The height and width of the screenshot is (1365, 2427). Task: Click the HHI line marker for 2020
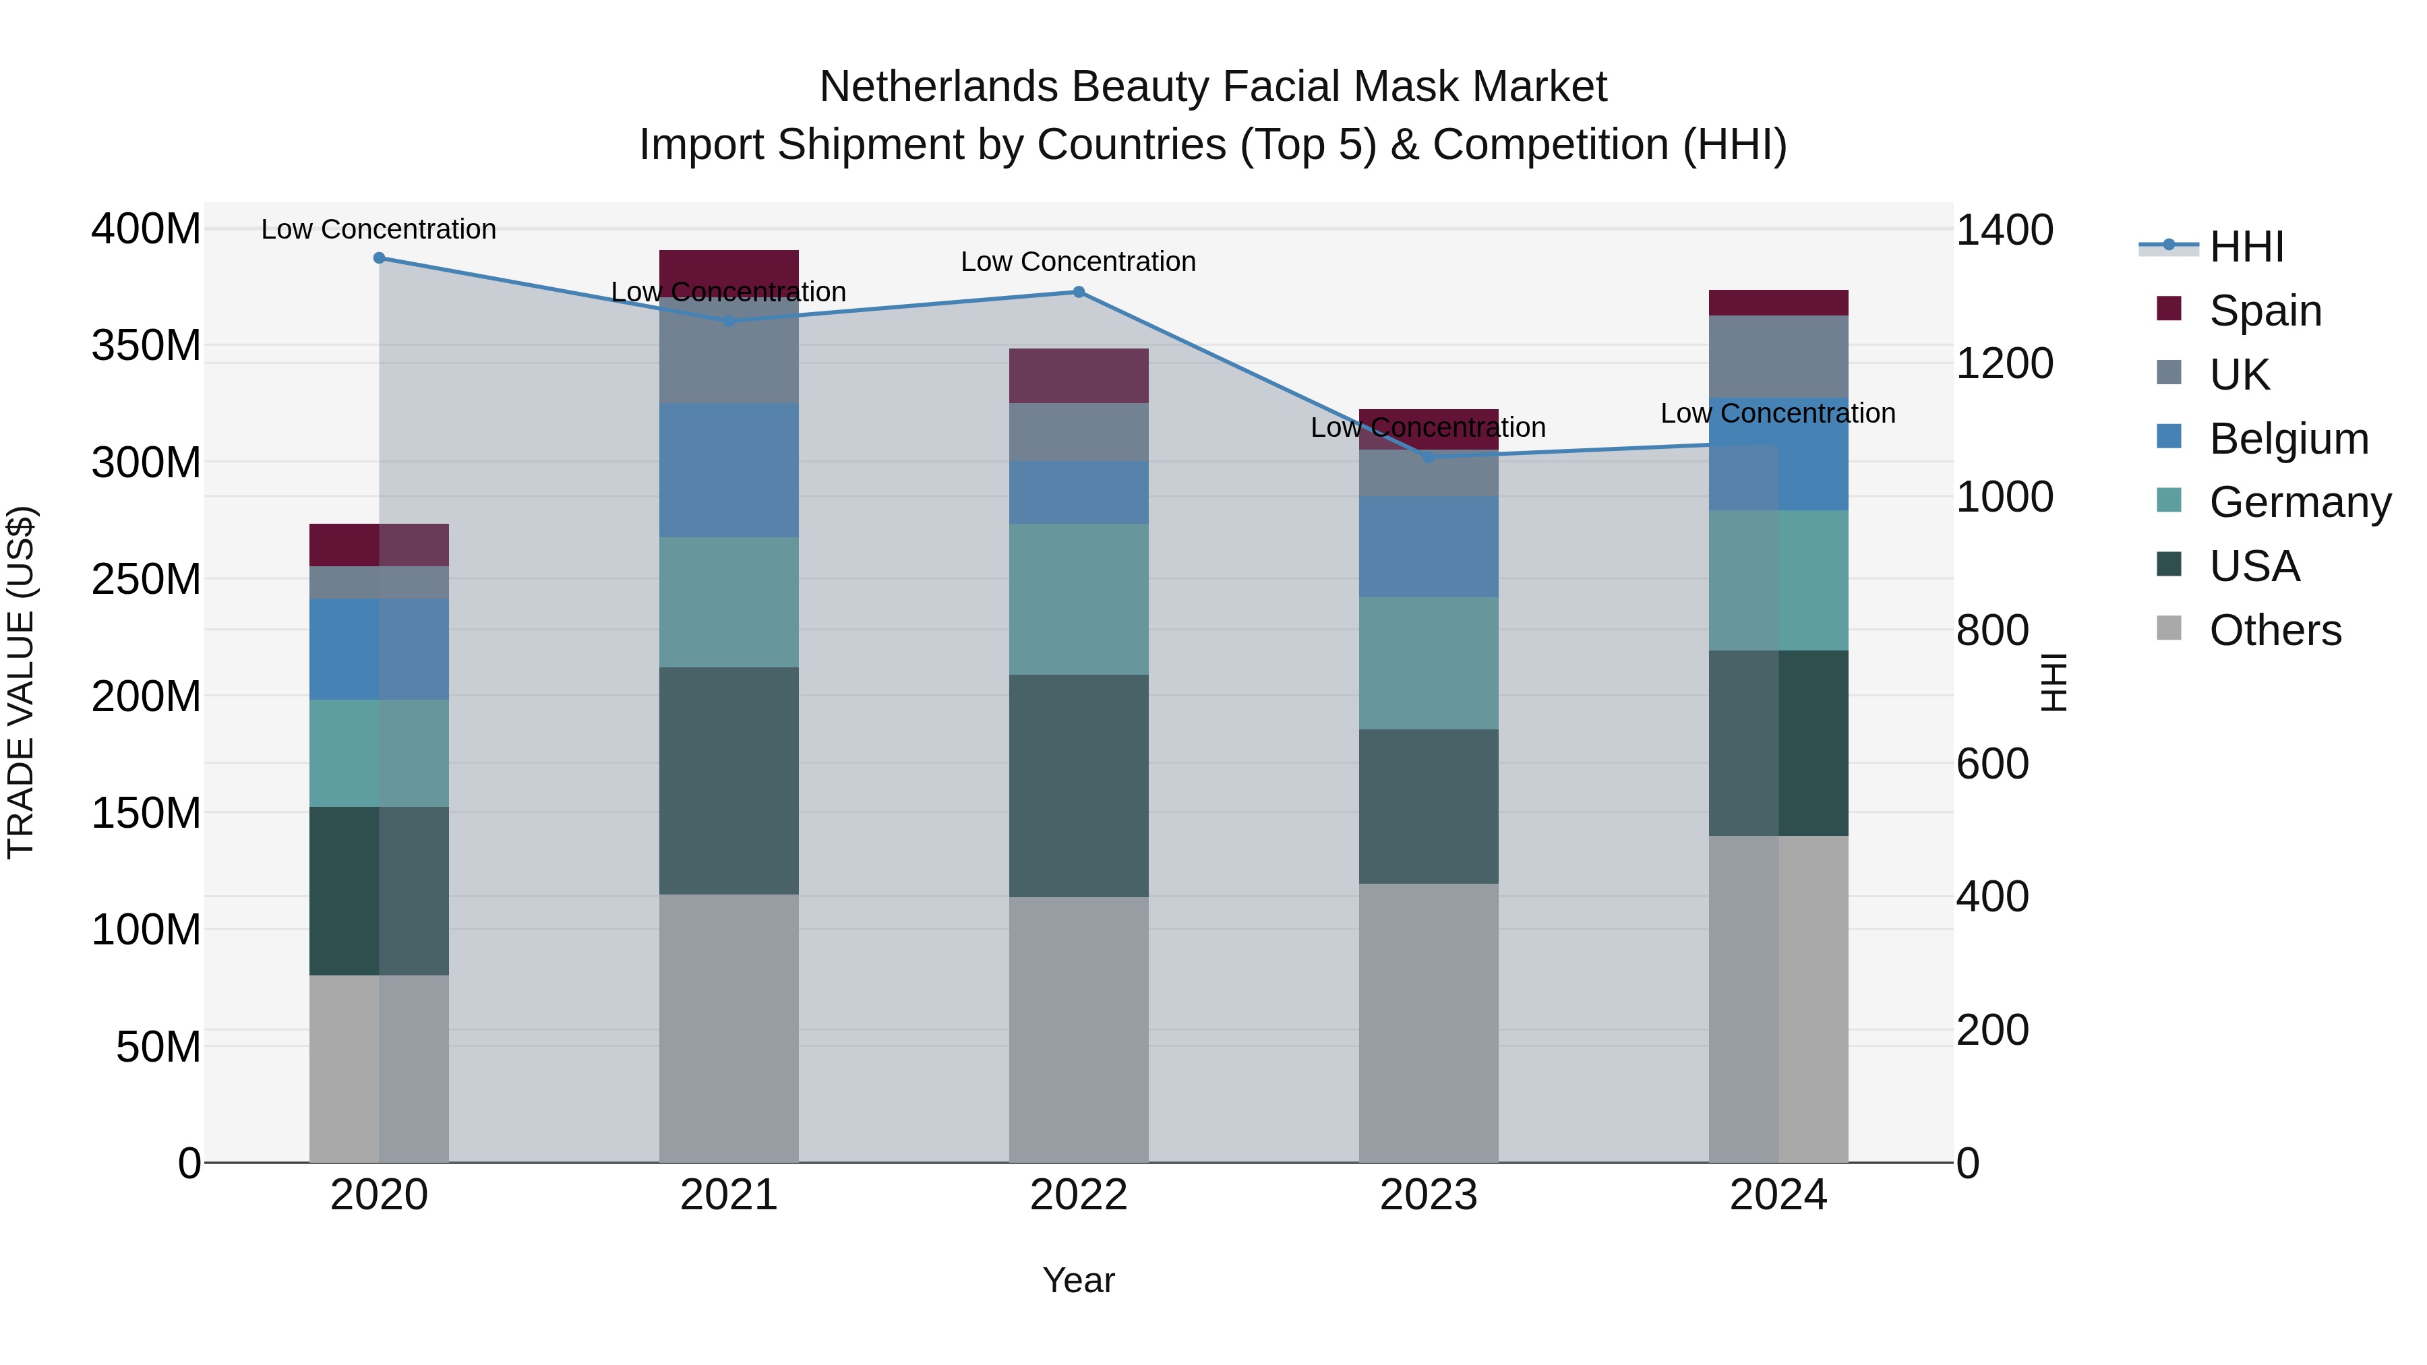tap(379, 257)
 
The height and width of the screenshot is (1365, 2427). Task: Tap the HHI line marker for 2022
tap(1079, 292)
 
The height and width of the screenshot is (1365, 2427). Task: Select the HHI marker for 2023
tap(1429, 458)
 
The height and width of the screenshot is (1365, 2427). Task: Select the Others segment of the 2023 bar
tap(1429, 1022)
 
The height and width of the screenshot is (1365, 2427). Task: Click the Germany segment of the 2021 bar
tap(728, 602)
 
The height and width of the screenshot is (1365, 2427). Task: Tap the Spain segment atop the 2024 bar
tap(1778, 303)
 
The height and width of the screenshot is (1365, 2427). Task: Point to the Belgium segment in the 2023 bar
tap(1429, 547)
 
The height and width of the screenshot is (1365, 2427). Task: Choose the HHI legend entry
tap(2246, 247)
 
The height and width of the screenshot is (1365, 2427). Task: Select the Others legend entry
tap(2275, 630)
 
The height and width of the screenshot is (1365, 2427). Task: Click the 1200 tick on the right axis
tap(2005, 363)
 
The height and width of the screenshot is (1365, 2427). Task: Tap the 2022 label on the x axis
tap(1079, 1195)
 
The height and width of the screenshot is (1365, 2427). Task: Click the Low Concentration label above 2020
tap(379, 229)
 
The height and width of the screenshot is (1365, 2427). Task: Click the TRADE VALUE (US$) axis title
tap(21, 682)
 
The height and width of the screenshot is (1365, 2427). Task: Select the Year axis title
tap(1079, 1280)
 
